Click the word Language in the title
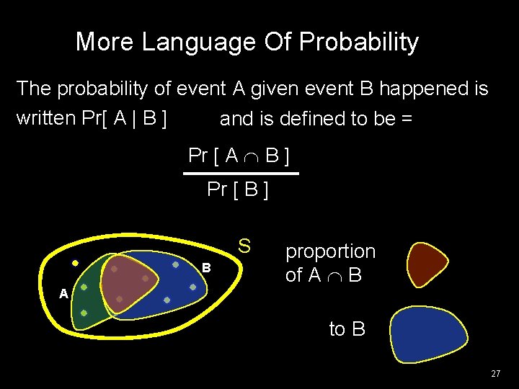click(x=189, y=43)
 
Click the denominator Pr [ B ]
click(x=238, y=190)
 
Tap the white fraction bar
click(x=241, y=174)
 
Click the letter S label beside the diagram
click(x=245, y=246)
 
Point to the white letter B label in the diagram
click(x=205, y=268)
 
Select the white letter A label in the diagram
click(x=63, y=294)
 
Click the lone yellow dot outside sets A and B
click(x=75, y=263)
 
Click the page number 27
click(x=494, y=374)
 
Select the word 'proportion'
click(x=330, y=251)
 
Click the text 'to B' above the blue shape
click(x=347, y=329)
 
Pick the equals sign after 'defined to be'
click(x=407, y=119)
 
